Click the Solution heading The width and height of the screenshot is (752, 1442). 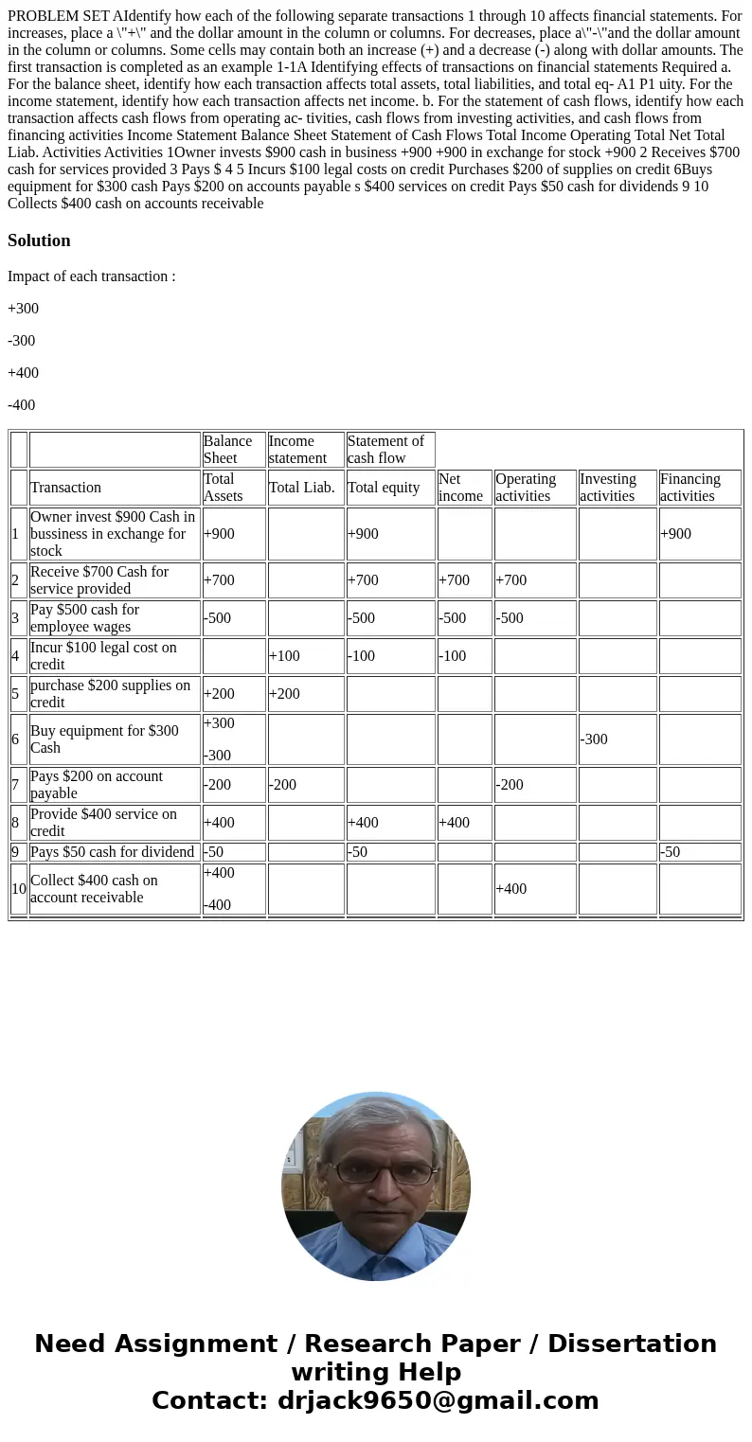[39, 240]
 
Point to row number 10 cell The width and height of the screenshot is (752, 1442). [19, 889]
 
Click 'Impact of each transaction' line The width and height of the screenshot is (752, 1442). [91, 276]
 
